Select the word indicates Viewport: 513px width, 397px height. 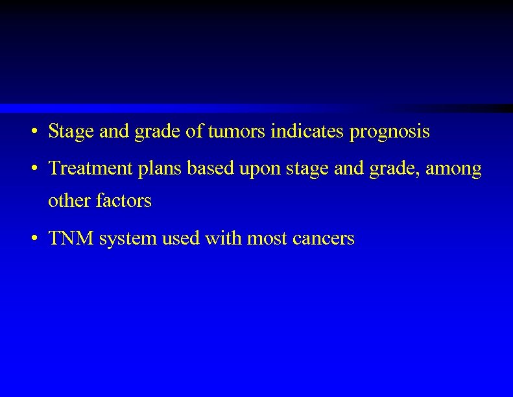[x=308, y=132]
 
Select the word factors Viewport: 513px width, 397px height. [x=124, y=201]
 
